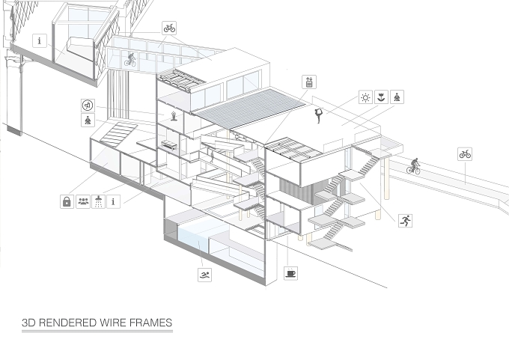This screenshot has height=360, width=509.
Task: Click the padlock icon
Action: pos(67,201)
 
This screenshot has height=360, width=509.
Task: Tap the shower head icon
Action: pos(98,201)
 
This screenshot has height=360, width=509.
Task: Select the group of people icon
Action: pos(83,201)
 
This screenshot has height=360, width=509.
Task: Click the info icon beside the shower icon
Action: pos(113,201)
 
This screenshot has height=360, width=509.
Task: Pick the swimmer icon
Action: pos(204,275)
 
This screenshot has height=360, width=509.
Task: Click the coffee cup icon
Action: pos(290,274)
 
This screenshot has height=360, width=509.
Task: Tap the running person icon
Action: pos(405,221)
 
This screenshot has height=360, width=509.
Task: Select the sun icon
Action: pos(365,97)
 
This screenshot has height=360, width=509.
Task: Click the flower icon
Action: pos(381,97)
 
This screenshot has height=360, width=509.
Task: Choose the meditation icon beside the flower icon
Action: pos(397,97)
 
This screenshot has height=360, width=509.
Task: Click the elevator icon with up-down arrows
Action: pos(309,82)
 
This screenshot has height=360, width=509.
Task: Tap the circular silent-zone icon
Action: pos(88,106)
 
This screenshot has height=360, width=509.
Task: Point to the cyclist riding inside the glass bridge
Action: pos(130,60)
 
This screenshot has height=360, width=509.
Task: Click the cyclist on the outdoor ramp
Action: pos(413,166)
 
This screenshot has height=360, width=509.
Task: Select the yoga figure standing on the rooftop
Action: pos(319,115)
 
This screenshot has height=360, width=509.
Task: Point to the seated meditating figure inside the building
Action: pos(174,116)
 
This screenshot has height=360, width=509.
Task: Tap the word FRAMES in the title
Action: pos(150,323)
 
